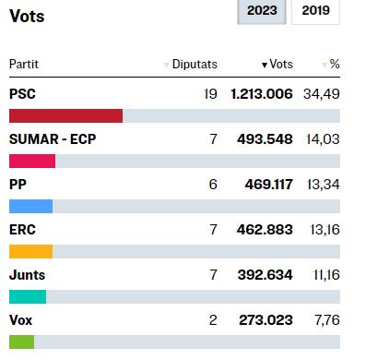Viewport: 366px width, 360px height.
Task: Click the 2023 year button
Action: [262, 12]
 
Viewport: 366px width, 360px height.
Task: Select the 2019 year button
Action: [315, 12]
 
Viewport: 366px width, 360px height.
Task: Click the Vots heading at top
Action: [27, 17]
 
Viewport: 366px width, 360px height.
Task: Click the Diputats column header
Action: [194, 64]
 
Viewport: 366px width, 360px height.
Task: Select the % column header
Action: [334, 64]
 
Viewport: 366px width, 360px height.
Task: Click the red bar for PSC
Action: [65, 115]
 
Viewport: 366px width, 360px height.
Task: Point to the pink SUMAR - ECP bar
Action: [32, 161]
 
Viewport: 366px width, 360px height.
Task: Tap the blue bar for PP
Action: [30, 206]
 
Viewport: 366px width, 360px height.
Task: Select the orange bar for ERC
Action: [30, 251]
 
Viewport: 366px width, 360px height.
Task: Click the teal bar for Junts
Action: [28, 296]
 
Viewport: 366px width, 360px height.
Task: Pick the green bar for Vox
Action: [21, 342]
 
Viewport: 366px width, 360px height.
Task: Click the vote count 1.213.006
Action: [262, 94]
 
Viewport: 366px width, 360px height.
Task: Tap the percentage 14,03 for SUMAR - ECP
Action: [321, 139]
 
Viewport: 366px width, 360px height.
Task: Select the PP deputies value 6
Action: [213, 185]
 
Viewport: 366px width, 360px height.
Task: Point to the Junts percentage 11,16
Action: [322, 275]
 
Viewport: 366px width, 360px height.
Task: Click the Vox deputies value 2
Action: [213, 320]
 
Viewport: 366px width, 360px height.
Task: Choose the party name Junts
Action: [27, 275]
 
